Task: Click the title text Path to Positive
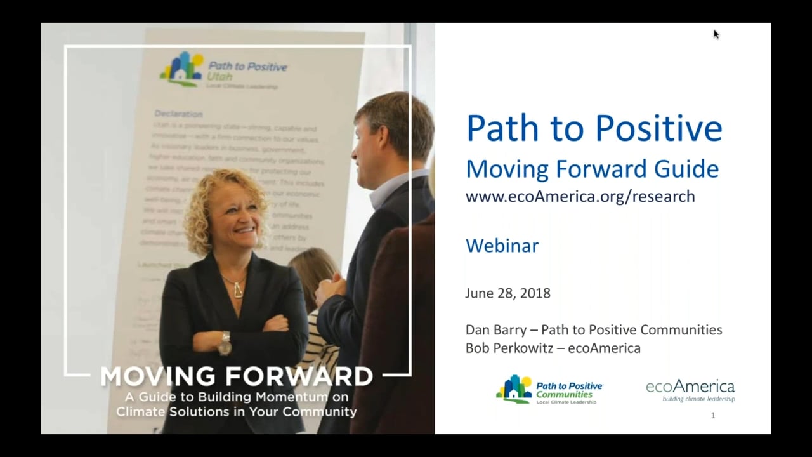pyautogui.click(x=594, y=128)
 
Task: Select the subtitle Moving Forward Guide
pyautogui.click(x=592, y=169)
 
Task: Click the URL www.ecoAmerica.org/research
pyautogui.click(x=580, y=197)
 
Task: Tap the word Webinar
pyautogui.click(x=502, y=246)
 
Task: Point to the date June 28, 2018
pyautogui.click(x=507, y=293)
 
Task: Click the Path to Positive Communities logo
pyautogui.click(x=549, y=390)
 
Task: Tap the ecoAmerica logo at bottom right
pyautogui.click(x=690, y=390)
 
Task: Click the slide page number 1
pyautogui.click(x=713, y=415)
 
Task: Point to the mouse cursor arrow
pyautogui.click(x=716, y=34)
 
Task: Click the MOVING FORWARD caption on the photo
pyautogui.click(x=237, y=376)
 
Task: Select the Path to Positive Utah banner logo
pyautogui.click(x=223, y=70)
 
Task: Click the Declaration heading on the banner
pyautogui.click(x=178, y=114)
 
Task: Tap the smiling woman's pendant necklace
pyautogui.click(x=238, y=290)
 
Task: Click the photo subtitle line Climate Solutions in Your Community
pyautogui.click(x=236, y=412)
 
